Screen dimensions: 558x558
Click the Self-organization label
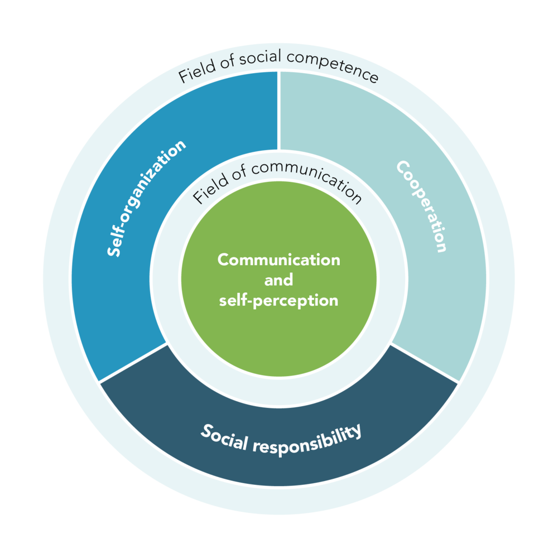coord(147,198)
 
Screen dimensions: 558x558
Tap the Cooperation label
coord(422,206)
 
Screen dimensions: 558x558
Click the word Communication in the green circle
coord(278,260)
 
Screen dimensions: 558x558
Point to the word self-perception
coord(278,301)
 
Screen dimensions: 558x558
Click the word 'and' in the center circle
coord(278,280)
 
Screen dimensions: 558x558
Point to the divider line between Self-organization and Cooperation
coord(279,112)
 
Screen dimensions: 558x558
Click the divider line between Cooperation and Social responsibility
coord(424,363)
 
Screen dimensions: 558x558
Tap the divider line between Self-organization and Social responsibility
coord(134,363)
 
